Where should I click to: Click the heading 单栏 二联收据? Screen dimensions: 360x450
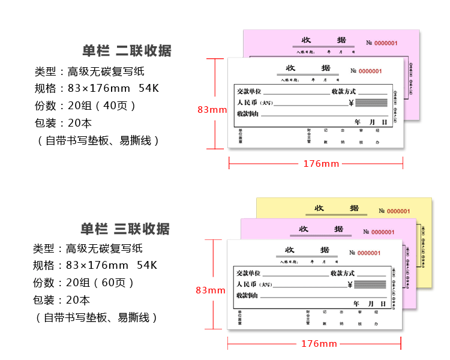point(127,50)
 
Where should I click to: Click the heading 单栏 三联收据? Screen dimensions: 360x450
point(125,229)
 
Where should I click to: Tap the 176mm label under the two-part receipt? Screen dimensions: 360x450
point(321,163)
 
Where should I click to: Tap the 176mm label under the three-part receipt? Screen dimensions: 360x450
point(319,343)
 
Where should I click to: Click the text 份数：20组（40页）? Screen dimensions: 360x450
point(85,106)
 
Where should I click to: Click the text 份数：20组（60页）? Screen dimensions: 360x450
point(85,283)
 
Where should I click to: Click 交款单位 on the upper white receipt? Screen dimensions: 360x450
point(248,91)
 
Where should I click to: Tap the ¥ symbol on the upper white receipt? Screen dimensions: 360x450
point(351,103)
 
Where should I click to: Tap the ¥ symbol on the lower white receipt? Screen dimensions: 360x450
point(350,285)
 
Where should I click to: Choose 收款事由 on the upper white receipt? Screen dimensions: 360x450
point(248,113)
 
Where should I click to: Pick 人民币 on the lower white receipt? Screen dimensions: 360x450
point(247,284)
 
